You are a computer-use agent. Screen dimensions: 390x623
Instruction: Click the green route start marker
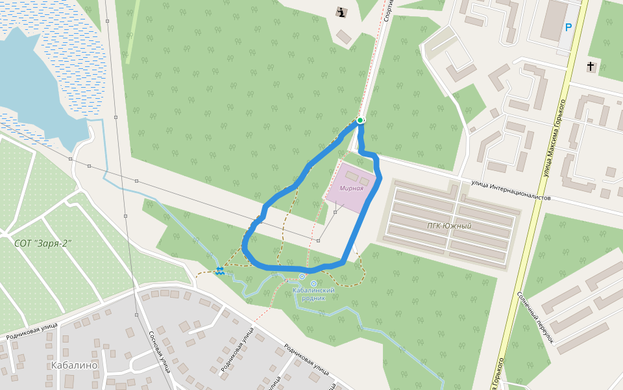click(x=360, y=120)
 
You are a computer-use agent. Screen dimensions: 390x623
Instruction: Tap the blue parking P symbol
click(x=568, y=27)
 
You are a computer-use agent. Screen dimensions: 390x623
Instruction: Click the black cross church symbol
click(x=591, y=66)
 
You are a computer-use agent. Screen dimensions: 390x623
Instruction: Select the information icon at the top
click(x=341, y=12)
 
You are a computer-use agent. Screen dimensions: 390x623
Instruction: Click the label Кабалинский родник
click(x=313, y=294)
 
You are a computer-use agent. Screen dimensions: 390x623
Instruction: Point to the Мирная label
click(x=351, y=188)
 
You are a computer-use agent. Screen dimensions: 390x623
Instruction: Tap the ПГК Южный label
click(x=449, y=226)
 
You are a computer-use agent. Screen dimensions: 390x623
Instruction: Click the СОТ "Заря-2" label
click(x=43, y=243)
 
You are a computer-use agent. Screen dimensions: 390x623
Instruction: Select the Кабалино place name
click(x=74, y=365)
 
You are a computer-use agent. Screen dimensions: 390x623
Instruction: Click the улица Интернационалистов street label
click(x=511, y=191)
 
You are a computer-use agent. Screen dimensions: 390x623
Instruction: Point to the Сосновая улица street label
click(x=159, y=352)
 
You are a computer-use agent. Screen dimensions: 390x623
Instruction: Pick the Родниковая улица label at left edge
click(x=32, y=332)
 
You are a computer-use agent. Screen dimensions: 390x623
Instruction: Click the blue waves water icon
click(x=220, y=272)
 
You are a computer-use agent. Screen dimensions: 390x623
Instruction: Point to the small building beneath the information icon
click(x=344, y=36)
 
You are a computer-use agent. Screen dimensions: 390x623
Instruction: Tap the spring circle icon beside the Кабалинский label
click(x=314, y=283)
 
